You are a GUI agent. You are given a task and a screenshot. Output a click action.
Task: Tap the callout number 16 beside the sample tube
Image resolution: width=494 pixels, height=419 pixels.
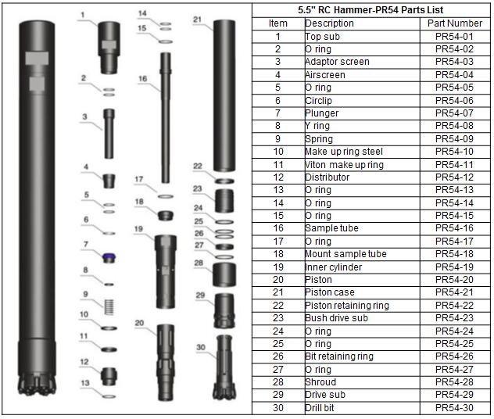(142, 78)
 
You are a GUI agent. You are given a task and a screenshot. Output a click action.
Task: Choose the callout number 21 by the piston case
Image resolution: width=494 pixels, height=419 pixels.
(197, 19)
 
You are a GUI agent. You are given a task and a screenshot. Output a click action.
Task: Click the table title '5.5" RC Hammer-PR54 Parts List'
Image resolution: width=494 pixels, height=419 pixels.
(371, 10)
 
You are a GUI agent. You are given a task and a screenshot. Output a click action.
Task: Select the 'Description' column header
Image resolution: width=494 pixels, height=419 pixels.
(329, 23)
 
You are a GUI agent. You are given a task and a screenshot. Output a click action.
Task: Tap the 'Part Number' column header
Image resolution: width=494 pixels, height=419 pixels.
(454, 23)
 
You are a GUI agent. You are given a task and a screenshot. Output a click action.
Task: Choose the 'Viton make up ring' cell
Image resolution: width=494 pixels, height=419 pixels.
(344, 165)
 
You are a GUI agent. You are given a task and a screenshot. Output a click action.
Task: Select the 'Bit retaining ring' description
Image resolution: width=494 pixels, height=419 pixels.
(338, 356)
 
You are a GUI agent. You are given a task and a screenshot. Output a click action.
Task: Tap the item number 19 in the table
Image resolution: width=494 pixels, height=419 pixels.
(277, 267)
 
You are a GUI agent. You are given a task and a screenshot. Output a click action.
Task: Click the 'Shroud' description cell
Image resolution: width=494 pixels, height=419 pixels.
(320, 382)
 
